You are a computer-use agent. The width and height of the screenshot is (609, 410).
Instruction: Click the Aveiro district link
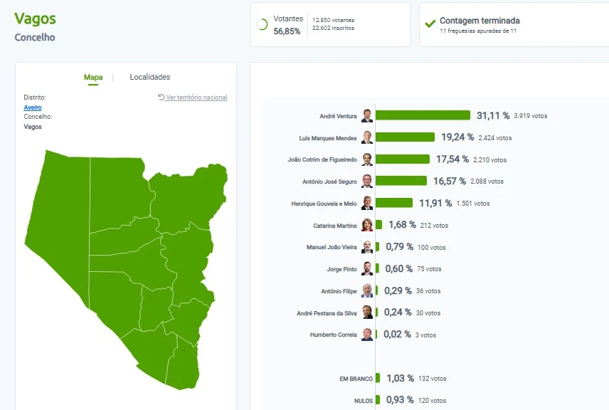(33, 107)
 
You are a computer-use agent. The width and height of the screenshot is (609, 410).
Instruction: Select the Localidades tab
(150, 77)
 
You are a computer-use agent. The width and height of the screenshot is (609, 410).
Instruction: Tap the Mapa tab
(93, 77)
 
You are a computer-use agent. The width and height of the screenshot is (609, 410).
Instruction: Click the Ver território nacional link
(193, 97)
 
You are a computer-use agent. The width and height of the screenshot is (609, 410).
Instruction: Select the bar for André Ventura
(423, 115)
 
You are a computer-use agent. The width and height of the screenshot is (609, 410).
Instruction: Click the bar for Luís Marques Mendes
(405, 137)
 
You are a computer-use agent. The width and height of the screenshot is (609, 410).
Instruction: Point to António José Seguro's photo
(367, 181)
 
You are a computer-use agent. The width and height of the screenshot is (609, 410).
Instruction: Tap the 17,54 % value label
(452, 159)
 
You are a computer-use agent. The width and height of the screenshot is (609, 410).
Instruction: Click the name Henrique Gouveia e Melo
(324, 204)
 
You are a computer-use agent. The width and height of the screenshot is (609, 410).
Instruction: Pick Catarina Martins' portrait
(367, 225)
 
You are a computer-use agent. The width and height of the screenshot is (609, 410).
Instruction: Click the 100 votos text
(432, 248)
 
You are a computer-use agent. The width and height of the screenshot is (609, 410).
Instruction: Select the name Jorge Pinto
(341, 269)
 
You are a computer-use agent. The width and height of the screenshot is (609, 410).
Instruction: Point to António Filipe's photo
(367, 290)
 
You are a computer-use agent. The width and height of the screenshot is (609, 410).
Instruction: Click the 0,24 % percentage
(398, 312)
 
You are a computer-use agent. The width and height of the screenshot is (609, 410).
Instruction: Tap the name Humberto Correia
(333, 335)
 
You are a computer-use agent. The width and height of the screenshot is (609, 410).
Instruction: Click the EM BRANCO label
(356, 379)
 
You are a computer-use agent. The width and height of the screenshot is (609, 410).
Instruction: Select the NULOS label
(364, 401)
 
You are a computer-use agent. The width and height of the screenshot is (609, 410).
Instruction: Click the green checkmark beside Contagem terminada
(430, 23)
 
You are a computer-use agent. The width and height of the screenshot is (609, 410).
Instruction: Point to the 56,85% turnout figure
(287, 31)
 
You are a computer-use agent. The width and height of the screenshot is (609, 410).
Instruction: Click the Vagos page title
(36, 19)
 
